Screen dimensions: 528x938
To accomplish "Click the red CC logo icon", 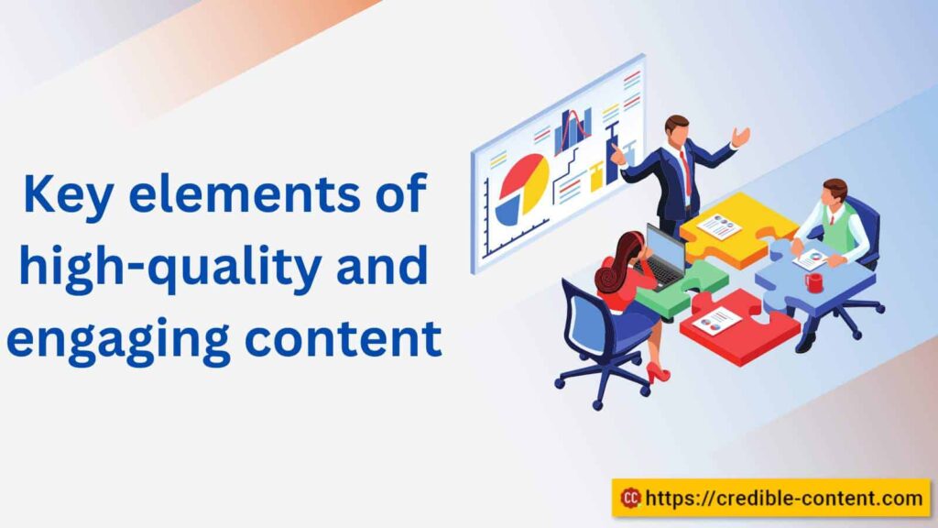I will [630, 498].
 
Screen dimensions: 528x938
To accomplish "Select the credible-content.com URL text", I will [784, 498].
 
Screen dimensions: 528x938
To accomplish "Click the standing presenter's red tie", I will [682, 171].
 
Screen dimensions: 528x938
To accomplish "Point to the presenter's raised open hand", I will [740, 137].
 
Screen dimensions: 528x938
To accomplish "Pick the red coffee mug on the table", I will [813, 282].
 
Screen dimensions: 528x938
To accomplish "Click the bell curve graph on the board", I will [573, 129].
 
